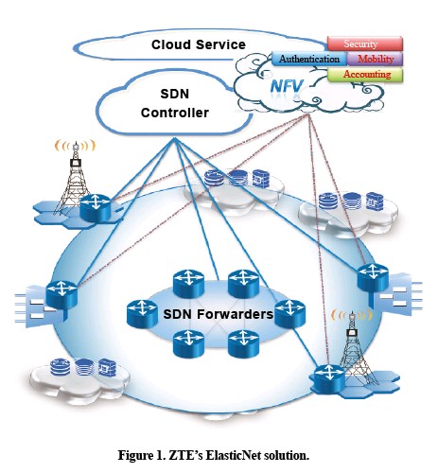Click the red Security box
point(365,44)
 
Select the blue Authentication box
point(309,59)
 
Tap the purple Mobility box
point(375,59)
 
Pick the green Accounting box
point(365,75)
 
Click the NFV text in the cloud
point(287,86)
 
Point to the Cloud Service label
point(199,44)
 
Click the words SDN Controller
point(175,103)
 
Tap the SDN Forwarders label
point(218,314)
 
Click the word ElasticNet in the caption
point(233,455)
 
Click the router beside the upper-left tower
point(95,207)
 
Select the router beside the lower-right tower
point(329,377)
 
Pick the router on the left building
point(61,294)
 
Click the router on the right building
point(373,277)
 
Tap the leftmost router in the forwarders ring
point(142,314)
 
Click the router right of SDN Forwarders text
point(289,314)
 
